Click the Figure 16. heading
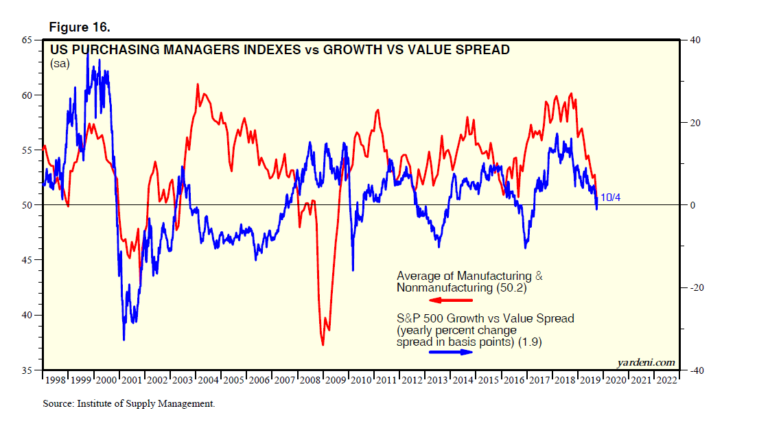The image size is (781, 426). tap(79, 27)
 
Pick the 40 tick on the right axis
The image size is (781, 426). tap(695, 40)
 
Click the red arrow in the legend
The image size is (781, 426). tap(450, 300)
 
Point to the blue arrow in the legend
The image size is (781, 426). tap(450, 352)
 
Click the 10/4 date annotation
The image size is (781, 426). tap(611, 198)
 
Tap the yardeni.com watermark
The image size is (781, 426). tap(647, 362)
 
